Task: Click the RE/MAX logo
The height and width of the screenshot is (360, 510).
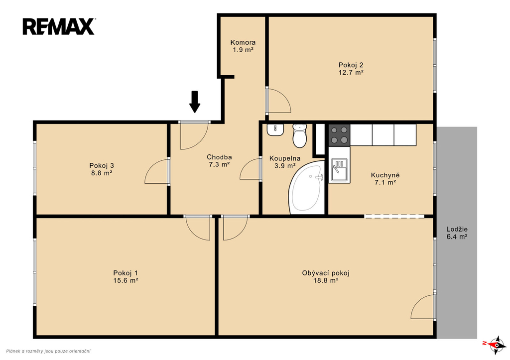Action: click(59, 27)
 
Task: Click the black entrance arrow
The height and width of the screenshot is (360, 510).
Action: click(195, 102)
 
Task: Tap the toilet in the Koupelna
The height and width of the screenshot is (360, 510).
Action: click(299, 135)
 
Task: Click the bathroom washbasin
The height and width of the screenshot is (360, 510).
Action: click(276, 130)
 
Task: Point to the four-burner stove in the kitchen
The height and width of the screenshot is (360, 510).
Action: click(339, 134)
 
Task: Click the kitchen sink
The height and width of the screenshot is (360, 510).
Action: click(339, 169)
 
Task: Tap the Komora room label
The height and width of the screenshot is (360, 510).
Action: click(243, 42)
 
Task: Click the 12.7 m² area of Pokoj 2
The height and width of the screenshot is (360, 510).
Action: click(351, 73)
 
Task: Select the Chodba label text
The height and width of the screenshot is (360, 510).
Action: click(219, 157)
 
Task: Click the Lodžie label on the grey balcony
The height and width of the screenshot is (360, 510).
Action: click(457, 229)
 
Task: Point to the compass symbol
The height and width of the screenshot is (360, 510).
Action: click(496, 345)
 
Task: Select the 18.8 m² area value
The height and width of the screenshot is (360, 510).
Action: click(326, 280)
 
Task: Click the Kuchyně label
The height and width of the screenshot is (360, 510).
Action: click(385, 175)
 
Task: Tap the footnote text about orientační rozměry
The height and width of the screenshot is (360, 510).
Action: click(48, 351)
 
